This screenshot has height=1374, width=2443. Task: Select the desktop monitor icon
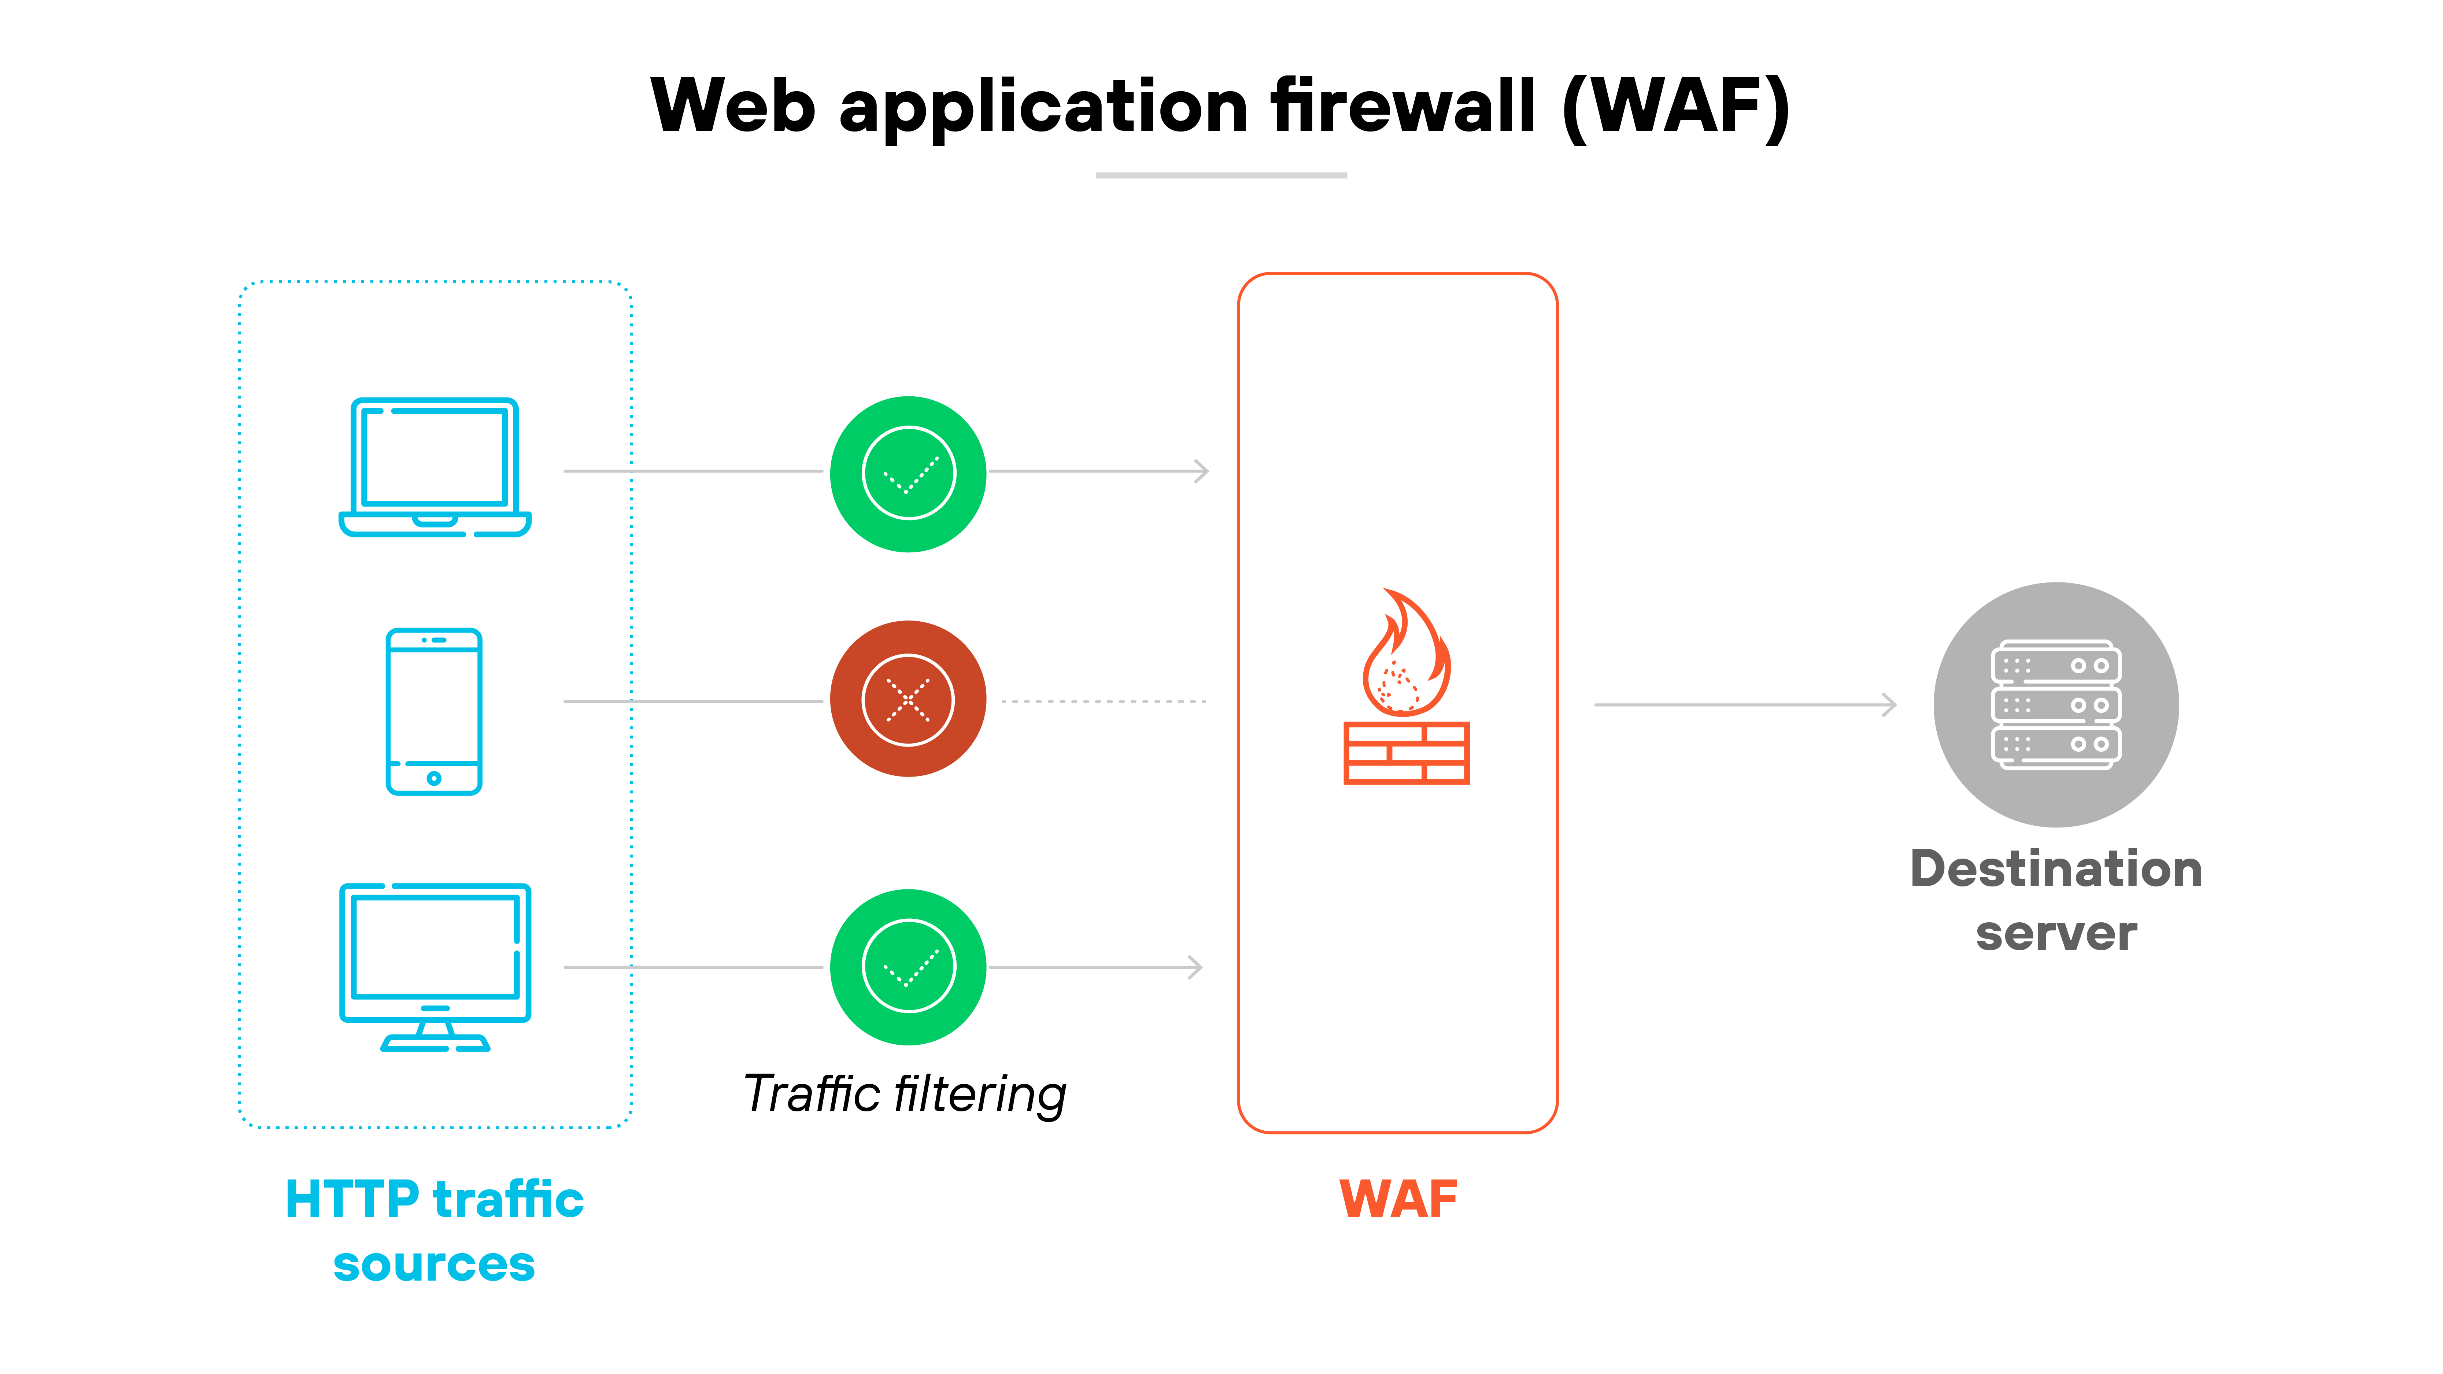[x=435, y=965]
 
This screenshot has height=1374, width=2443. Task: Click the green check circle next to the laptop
[x=908, y=473]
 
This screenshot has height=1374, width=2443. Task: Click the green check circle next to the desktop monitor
[x=908, y=966]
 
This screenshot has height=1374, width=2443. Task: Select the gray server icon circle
[x=2055, y=704]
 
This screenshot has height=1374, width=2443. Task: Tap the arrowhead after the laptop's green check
[x=1202, y=471]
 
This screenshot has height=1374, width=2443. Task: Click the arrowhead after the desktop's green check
[x=1196, y=967]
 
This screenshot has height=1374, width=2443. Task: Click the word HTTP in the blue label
[x=351, y=1200]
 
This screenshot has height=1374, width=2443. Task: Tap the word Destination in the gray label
[x=2055, y=870]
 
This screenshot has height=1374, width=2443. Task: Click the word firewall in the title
[x=1402, y=106]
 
